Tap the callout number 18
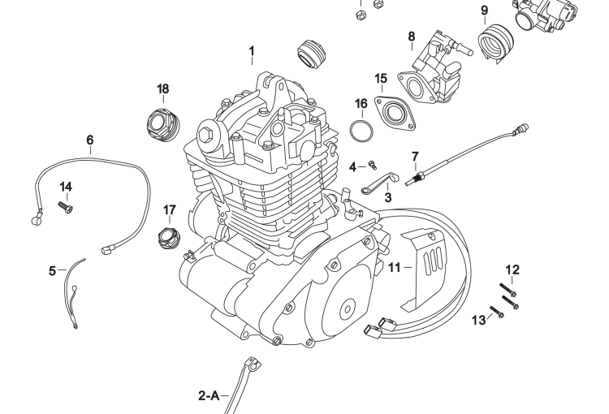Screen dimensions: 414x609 163,88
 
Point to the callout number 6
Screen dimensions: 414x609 90,140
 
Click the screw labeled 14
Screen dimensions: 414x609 66,207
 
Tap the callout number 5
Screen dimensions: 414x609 52,270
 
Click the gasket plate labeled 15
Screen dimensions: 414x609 395,112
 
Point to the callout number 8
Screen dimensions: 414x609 412,37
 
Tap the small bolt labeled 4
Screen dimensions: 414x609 373,165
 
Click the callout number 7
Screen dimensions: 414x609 415,155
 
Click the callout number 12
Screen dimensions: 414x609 512,269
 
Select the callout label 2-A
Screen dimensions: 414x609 209,396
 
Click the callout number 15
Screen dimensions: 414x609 382,78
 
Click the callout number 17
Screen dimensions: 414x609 169,209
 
